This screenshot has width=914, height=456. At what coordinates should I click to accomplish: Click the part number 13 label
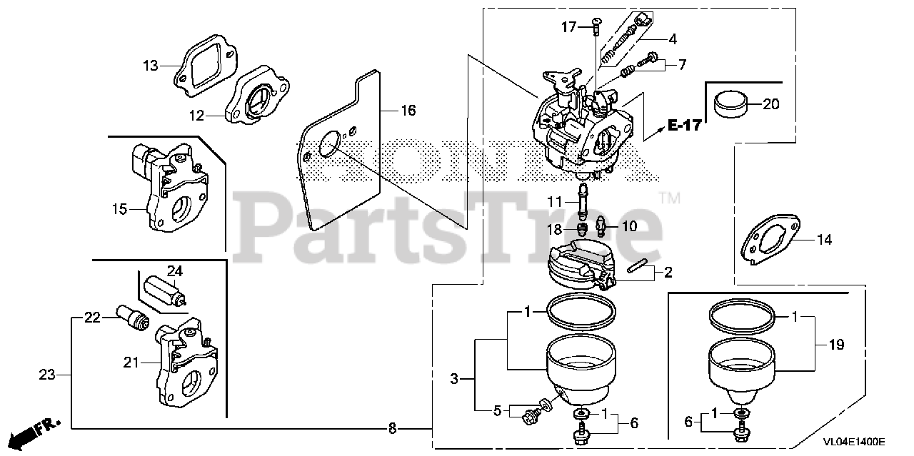(x=150, y=66)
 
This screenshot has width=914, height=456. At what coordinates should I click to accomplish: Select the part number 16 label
(x=408, y=111)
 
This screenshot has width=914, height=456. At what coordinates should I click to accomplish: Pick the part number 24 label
(x=175, y=270)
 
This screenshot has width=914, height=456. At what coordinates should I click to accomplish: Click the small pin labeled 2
(x=641, y=268)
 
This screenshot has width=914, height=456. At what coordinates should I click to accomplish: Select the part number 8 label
(x=392, y=429)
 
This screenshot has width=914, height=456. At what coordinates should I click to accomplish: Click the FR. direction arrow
(x=33, y=430)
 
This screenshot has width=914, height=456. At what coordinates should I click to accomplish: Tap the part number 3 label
(x=454, y=380)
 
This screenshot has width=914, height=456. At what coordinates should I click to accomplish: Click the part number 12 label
(x=196, y=114)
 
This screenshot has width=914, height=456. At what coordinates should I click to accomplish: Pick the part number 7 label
(x=682, y=65)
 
